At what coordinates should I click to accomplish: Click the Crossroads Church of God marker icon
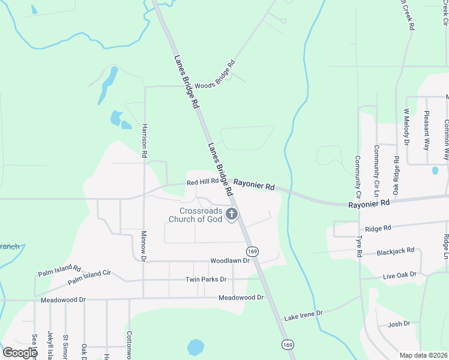pos(232,215)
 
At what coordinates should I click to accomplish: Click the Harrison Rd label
pos(145,141)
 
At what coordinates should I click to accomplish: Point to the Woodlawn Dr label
pos(229,261)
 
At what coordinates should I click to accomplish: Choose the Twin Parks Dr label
pos(205,280)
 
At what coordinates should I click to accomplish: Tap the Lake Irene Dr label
pos(303,314)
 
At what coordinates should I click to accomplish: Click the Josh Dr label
pos(399,324)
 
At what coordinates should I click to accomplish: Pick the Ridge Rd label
pos(378,229)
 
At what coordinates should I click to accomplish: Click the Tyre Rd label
pos(358,247)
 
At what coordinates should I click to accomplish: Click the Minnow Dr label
pos(144,246)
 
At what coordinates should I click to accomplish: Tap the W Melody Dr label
pos(406,127)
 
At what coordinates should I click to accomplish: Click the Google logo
pos(20,353)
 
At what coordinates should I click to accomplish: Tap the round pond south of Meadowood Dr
pos(195,347)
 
